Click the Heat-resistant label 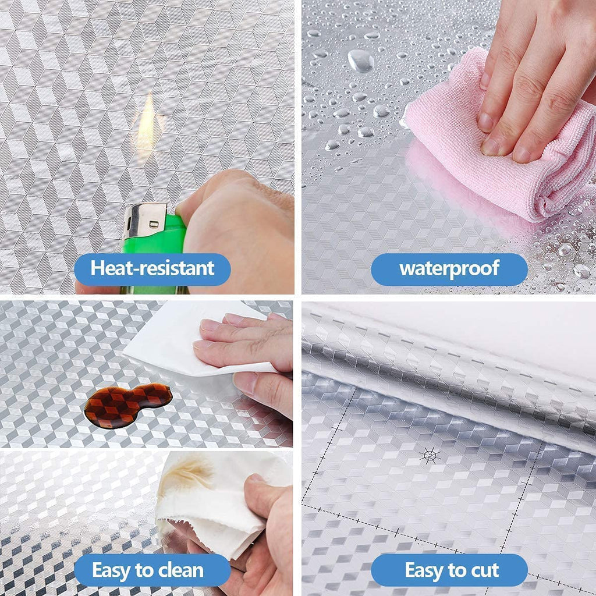tap(152, 269)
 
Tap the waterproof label tap(449, 269)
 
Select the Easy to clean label tap(148, 570)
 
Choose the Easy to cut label tap(452, 570)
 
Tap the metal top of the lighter tap(146, 220)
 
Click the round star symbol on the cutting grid tap(430, 455)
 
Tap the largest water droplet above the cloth tap(360, 60)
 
